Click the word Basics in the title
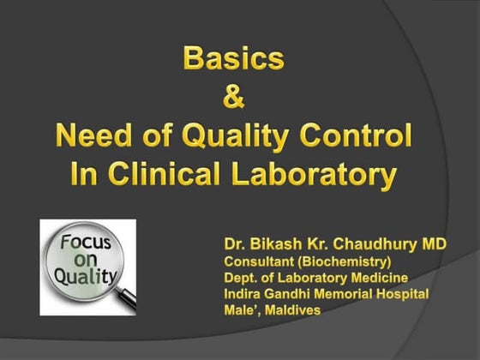coord(232,59)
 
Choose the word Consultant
coord(259,261)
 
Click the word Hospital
coord(404,294)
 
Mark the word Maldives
coord(290,310)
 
